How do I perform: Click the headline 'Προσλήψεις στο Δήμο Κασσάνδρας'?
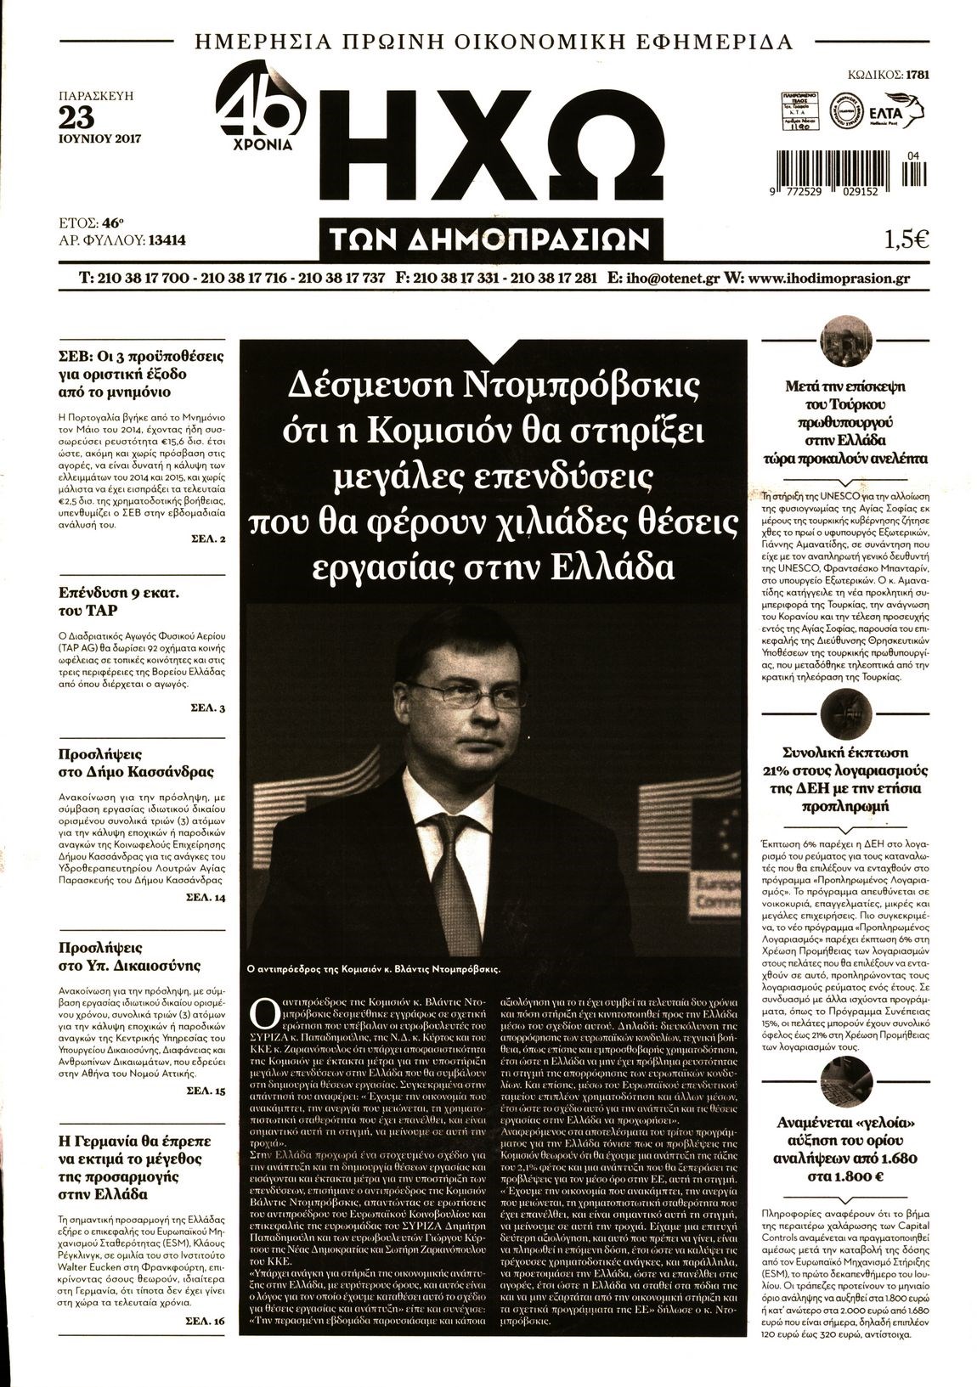(x=136, y=763)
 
